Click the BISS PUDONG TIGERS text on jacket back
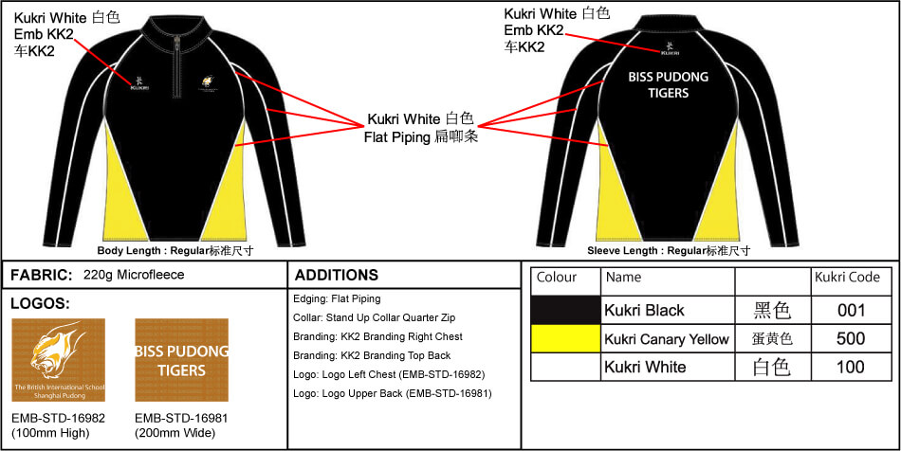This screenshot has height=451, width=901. click(668, 84)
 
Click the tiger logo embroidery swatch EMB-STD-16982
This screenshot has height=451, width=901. click(58, 359)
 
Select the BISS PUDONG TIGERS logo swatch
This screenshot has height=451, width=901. click(181, 359)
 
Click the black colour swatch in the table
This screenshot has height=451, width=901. click(566, 310)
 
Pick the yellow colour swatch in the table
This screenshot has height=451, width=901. click(566, 338)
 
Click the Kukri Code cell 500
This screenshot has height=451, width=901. click(851, 338)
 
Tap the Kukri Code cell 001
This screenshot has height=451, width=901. click(851, 310)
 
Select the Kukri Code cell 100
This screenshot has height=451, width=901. click(851, 367)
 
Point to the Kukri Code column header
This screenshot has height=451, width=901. click(847, 278)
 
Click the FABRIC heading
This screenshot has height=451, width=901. click(42, 275)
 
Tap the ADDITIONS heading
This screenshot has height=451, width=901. click(337, 276)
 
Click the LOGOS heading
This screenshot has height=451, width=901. click(40, 304)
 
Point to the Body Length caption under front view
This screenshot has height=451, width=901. click(175, 251)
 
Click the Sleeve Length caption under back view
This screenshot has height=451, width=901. click(669, 251)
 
